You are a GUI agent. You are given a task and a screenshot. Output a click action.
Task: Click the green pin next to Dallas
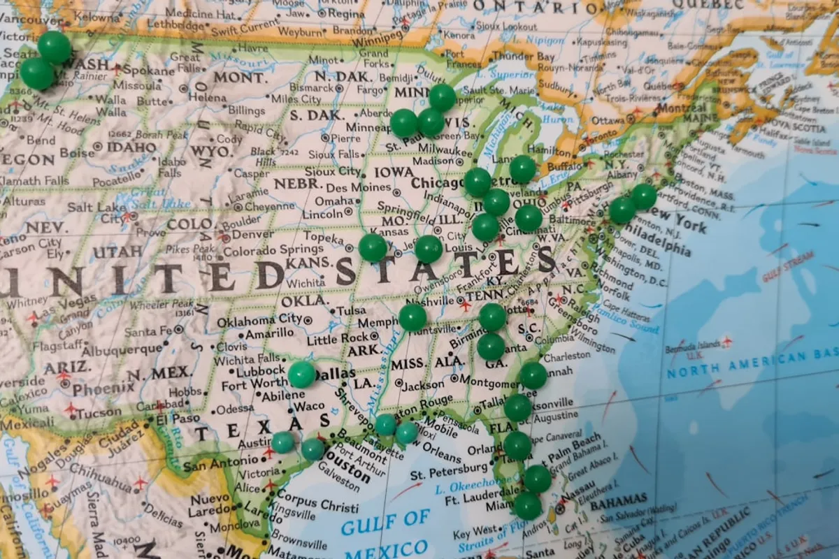point(302,374)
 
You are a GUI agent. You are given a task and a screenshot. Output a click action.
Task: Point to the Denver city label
point(252,234)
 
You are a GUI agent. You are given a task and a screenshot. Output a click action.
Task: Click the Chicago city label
point(438,182)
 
